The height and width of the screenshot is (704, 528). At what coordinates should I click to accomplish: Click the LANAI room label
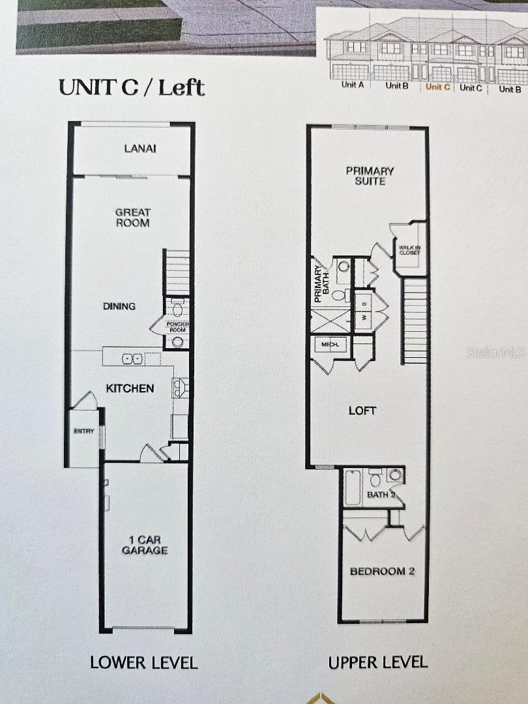(x=140, y=149)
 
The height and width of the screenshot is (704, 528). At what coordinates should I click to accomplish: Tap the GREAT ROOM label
(x=132, y=218)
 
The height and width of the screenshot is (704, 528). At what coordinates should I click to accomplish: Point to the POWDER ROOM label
(x=177, y=326)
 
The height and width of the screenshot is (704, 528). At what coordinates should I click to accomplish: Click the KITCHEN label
(x=130, y=389)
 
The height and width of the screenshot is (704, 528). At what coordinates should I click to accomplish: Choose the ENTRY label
(x=84, y=431)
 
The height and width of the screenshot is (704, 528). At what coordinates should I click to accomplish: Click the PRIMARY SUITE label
(x=370, y=176)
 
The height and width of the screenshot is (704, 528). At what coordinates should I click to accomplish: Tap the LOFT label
(x=363, y=411)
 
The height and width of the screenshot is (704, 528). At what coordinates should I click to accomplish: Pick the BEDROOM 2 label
(x=383, y=572)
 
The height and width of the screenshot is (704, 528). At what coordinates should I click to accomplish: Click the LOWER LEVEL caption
(x=143, y=663)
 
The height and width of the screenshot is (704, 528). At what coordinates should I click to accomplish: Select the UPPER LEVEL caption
(x=378, y=663)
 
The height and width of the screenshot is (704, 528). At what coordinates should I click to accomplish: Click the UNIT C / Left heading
(x=132, y=87)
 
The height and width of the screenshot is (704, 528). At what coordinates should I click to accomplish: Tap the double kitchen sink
(x=133, y=359)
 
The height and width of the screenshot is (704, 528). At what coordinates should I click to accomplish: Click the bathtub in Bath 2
(x=353, y=488)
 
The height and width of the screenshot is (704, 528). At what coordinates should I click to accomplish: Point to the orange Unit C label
(x=437, y=87)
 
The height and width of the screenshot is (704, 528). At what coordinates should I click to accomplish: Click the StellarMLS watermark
(x=495, y=353)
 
